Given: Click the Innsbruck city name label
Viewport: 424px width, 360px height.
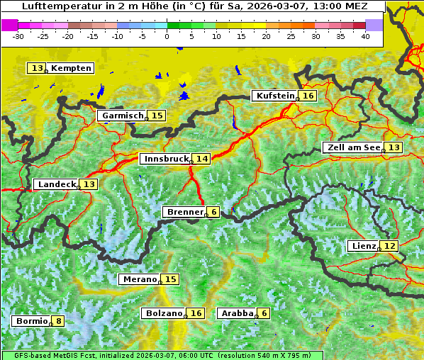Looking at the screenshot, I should [165, 159].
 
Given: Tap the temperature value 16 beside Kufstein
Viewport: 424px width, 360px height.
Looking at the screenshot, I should [308, 96].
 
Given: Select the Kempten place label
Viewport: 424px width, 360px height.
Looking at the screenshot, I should [72, 68].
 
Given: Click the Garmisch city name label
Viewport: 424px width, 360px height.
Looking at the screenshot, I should [122, 116].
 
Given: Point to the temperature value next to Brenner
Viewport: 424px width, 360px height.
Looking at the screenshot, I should [213, 212].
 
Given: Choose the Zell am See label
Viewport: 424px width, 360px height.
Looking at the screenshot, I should [352, 147].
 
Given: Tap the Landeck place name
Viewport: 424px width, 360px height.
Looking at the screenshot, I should [57, 184].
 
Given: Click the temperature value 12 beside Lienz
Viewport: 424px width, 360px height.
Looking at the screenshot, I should [390, 246].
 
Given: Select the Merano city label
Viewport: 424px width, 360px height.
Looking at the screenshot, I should [139, 279].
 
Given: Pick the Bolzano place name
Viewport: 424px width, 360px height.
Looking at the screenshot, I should [164, 313].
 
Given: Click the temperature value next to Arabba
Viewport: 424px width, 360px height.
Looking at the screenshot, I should [264, 313].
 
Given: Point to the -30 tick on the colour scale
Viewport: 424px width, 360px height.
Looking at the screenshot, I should [18, 35].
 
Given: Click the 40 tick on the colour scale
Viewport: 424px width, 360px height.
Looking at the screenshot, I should [365, 35].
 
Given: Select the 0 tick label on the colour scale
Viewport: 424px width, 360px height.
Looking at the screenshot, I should [167, 35].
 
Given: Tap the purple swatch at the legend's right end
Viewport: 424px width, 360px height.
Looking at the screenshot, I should [374, 25].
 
